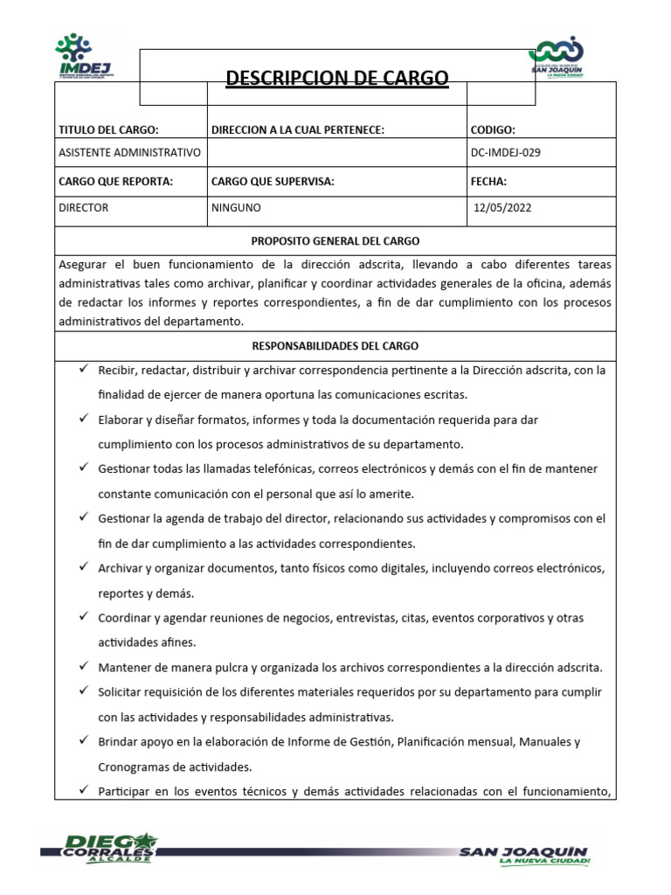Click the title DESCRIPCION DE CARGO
pos(336,79)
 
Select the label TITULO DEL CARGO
pos(108,129)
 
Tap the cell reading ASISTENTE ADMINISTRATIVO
pos(129,153)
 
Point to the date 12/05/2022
pos(502,208)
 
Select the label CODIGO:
pos(493,129)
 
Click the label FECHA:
pos(488,182)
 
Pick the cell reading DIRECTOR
pos(84,208)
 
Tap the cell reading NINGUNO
pos(236,208)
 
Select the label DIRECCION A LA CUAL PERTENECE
pos(298,129)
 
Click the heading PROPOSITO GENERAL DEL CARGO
pos(335,240)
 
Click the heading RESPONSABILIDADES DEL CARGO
pos(335,345)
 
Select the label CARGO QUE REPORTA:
pos(115,182)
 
